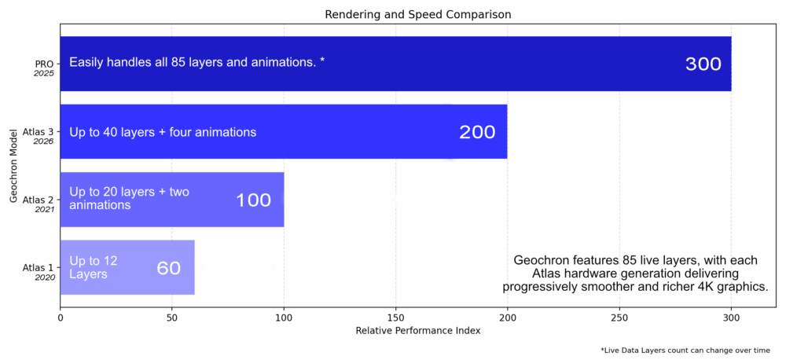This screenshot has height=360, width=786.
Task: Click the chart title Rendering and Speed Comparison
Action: [x=417, y=14]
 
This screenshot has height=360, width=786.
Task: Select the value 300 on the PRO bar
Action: [x=703, y=64]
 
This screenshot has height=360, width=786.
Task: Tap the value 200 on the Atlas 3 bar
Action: [x=477, y=132]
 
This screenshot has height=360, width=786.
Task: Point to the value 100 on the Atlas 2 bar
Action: [x=253, y=200]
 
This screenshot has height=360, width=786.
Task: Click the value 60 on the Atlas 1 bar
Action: [x=168, y=268]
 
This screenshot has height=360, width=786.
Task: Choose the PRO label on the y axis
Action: [x=45, y=64]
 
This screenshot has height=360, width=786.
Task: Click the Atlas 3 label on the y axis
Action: [x=39, y=132]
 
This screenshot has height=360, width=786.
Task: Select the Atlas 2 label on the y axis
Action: [x=39, y=200]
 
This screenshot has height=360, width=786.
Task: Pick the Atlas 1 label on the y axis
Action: [x=39, y=268]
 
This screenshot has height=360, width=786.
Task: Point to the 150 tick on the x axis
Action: [x=395, y=318]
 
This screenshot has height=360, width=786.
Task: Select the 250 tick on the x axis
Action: [x=619, y=318]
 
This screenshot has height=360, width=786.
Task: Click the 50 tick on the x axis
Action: [x=172, y=318]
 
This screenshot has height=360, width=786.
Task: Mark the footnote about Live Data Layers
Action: [x=685, y=350]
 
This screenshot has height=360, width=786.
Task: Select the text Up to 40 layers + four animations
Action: [x=163, y=132]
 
